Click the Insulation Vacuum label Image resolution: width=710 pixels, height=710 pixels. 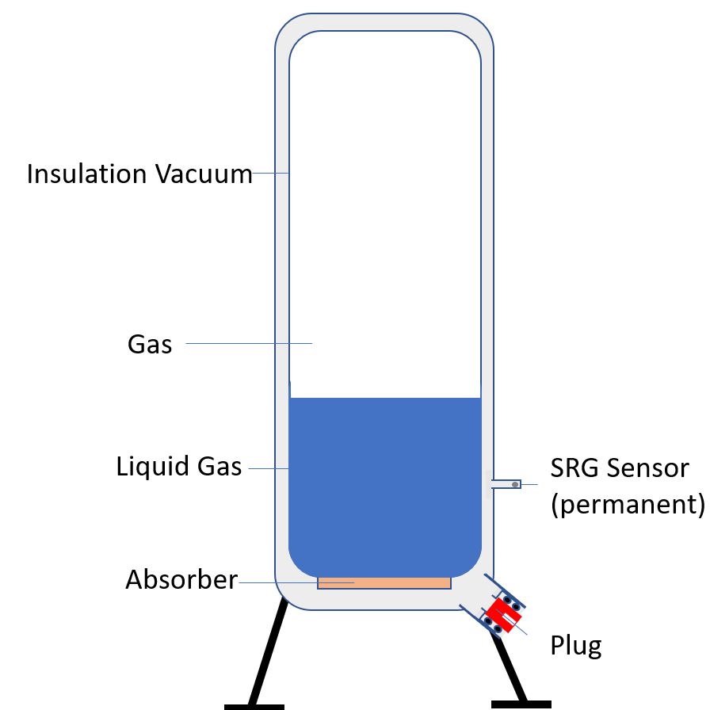point(139,174)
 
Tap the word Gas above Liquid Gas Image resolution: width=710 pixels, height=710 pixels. point(150,345)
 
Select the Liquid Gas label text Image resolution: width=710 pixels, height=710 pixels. point(179,466)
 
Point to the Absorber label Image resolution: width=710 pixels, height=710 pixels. point(181,580)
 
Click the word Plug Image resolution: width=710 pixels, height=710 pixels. point(576,646)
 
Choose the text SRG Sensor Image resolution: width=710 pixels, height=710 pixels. point(619,468)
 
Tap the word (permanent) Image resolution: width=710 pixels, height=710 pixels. point(627,505)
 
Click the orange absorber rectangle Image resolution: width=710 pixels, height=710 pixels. point(384,582)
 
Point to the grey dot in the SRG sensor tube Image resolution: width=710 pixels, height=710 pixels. point(515,483)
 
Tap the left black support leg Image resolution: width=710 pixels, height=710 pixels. point(267,650)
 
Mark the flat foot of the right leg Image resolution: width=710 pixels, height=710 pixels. point(521,703)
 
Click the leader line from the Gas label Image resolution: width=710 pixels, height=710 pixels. point(250,343)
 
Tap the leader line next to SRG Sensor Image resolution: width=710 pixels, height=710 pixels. point(529,483)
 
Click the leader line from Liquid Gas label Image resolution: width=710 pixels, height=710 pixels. point(269,468)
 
